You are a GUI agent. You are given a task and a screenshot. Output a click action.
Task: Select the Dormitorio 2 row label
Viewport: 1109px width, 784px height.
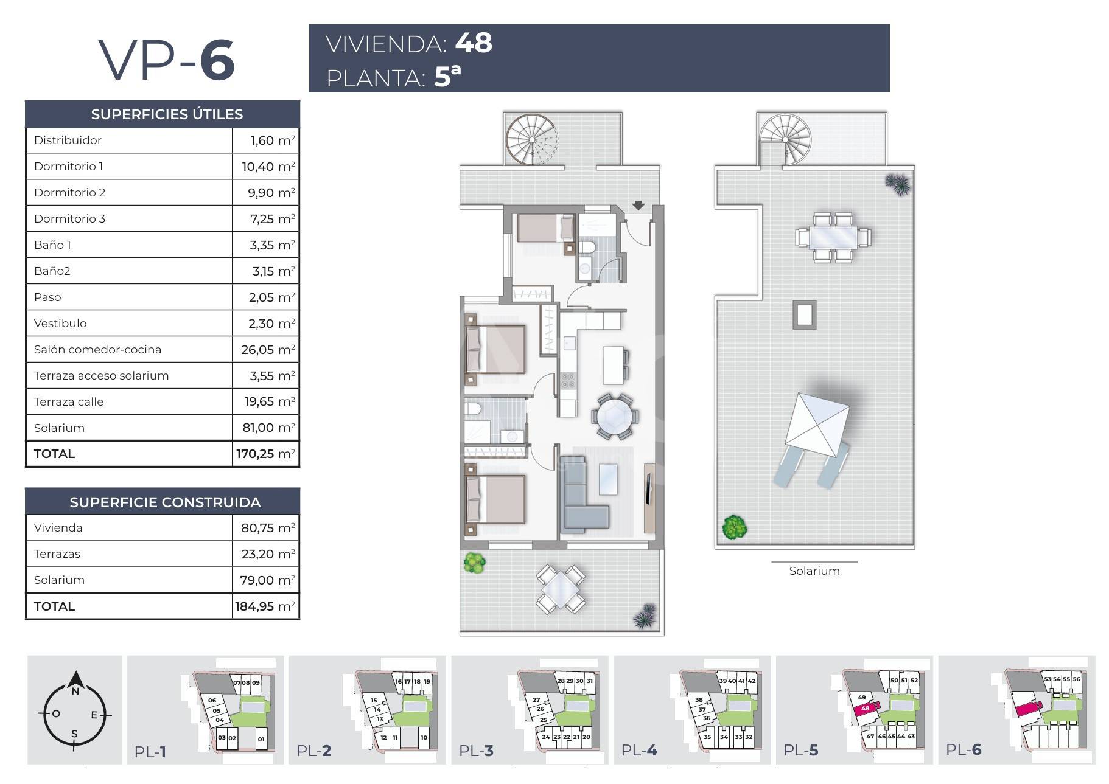point(69,192)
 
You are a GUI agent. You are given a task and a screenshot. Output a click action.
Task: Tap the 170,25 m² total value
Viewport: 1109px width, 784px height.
point(266,454)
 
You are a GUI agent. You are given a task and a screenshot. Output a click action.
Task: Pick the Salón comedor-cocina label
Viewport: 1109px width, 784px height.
point(97,349)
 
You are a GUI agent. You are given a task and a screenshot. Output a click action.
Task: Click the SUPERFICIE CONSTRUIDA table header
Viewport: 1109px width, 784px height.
point(165,502)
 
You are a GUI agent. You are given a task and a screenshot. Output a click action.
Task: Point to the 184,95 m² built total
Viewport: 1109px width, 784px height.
point(265,606)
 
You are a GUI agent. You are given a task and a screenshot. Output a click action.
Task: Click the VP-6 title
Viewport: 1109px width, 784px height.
point(167,60)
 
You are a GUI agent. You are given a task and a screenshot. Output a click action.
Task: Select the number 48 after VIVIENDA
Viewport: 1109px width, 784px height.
point(474,43)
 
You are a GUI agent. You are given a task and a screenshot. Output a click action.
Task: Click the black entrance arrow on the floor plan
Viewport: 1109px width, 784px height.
point(638,206)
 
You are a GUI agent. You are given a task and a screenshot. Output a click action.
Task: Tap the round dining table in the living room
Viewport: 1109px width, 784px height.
point(615,416)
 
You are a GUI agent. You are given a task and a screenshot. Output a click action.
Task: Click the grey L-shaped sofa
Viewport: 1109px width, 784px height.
point(583,498)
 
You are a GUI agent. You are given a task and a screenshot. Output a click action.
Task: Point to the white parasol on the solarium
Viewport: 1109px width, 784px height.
point(817,424)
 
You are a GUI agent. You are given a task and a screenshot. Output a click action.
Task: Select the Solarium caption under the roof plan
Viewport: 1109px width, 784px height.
point(814,571)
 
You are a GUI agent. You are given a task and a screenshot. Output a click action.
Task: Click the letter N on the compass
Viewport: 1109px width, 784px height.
point(75,691)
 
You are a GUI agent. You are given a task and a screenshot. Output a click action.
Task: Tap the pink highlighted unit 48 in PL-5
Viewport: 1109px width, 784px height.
point(865,709)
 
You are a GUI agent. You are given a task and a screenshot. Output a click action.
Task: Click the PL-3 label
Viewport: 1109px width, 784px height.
point(476,751)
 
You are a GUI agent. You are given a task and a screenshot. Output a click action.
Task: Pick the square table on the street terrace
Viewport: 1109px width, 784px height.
point(561,589)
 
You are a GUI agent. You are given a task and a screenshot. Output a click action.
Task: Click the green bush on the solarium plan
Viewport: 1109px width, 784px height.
point(734,527)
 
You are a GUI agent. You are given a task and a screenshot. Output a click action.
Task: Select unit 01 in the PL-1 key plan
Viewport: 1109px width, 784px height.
point(261,739)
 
